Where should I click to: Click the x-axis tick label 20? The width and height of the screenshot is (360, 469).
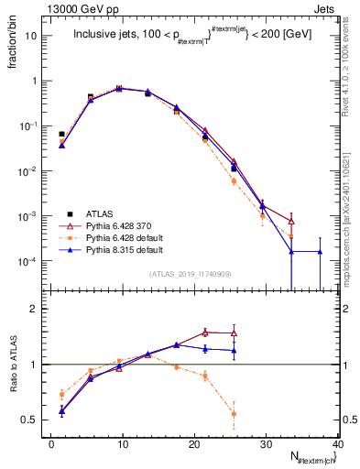point(194,444)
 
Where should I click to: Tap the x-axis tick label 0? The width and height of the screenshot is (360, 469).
point(51,444)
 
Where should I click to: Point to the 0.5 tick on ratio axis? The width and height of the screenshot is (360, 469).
point(32,420)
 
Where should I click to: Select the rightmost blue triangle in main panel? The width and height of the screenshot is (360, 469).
point(320,251)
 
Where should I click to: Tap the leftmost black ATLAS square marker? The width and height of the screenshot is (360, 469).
point(61,134)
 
